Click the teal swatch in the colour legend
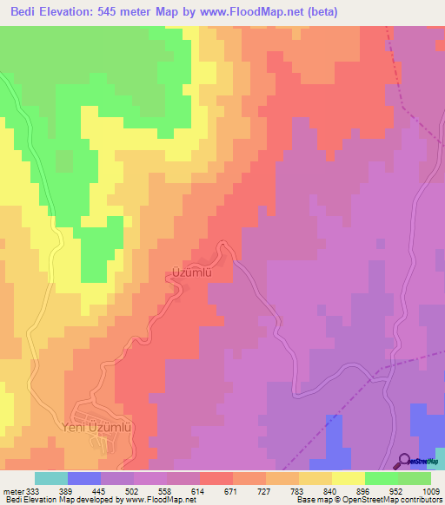click(51, 478)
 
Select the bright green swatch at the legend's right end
click(414, 478)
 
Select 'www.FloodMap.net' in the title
click(266, 11)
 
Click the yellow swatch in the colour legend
click(348, 478)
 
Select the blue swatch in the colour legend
click(84, 478)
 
